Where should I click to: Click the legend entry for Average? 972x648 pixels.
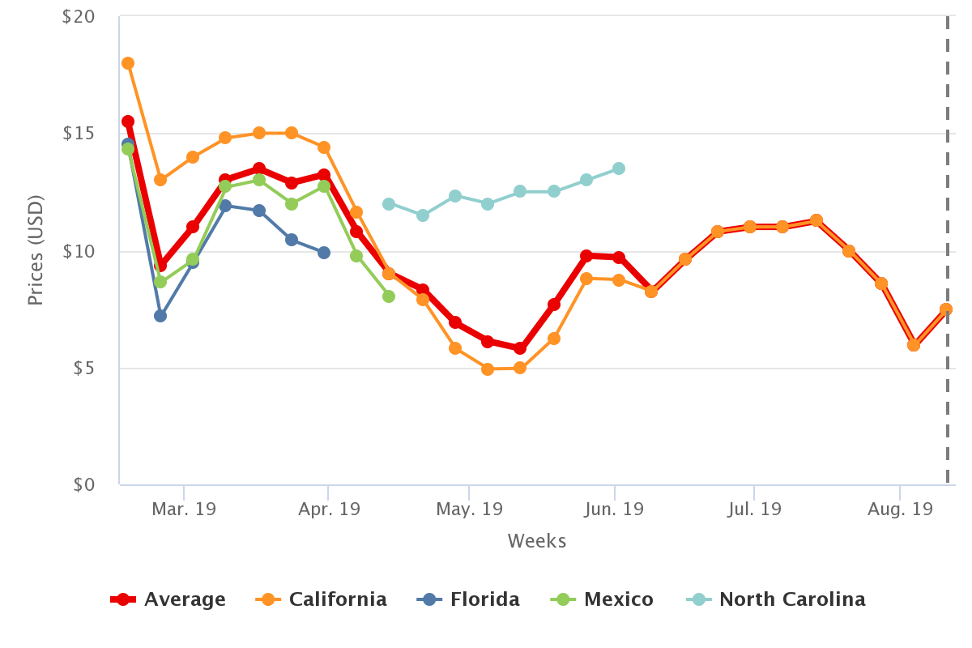coord(168,599)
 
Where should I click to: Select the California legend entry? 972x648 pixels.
coord(322,599)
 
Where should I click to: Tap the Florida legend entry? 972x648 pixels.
coord(469,599)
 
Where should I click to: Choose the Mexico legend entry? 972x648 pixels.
coord(602,599)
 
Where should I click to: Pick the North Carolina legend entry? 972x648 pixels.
coord(776,599)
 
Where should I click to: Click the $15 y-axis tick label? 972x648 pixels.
coord(79,134)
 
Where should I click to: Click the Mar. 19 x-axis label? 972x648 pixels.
coord(184,509)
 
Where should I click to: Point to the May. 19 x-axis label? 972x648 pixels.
coord(469,509)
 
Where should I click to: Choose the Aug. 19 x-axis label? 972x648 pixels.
coord(900,509)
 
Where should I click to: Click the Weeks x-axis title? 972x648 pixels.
coord(537,541)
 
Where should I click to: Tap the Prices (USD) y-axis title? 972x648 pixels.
coord(35,250)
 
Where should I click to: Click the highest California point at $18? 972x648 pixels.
coord(128,63)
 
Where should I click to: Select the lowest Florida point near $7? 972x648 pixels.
coord(160,316)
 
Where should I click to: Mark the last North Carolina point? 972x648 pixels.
coord(619,168)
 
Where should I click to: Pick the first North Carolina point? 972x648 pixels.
coord(389,204)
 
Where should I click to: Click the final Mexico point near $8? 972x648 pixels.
coord(389,296)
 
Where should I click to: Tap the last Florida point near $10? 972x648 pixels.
coord(324,253)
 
